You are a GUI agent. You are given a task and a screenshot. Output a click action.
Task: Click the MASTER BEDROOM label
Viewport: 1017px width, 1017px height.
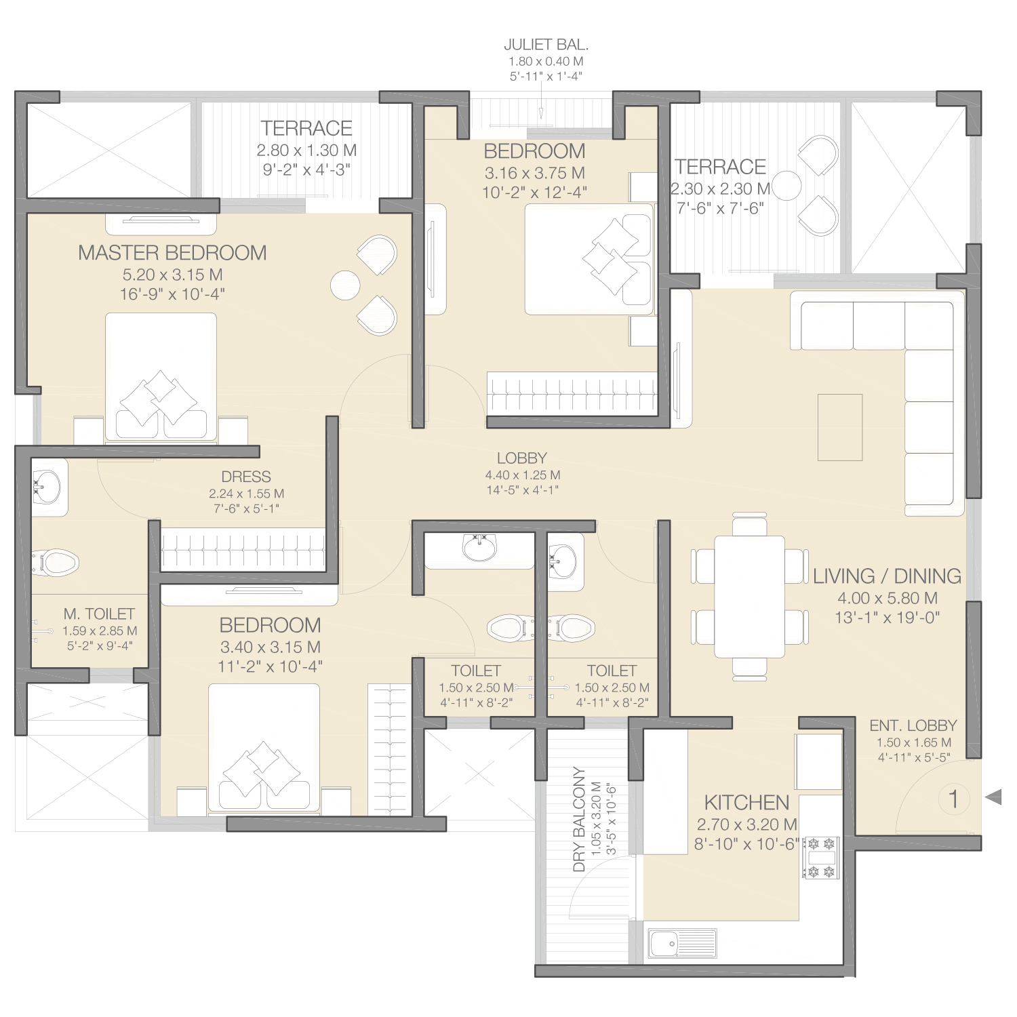pos(172,253)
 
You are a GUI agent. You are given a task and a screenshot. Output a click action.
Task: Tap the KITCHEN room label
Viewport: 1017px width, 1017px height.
pos(746,803)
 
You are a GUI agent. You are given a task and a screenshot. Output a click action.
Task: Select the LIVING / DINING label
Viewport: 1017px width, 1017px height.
pos(887,576)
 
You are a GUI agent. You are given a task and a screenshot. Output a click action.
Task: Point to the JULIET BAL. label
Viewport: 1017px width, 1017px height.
pos(546,45)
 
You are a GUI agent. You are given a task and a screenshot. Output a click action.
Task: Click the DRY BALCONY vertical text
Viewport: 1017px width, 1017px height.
pos(579,819)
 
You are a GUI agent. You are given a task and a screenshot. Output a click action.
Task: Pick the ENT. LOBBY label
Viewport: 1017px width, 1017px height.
pos(913,725)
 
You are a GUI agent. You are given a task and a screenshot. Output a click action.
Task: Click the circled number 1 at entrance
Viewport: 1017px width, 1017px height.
pos(954,799)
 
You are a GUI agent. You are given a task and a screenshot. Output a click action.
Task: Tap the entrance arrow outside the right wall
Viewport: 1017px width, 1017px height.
pos(993,797)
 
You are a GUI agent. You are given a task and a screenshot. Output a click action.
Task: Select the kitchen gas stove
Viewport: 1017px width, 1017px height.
pos(820,858)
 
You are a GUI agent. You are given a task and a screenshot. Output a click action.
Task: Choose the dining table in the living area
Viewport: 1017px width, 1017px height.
pos(749,597)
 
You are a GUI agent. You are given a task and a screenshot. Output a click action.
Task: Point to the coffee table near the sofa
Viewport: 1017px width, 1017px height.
pos(840,427)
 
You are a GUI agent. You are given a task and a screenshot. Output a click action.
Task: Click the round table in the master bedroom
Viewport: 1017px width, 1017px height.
pos(345,285)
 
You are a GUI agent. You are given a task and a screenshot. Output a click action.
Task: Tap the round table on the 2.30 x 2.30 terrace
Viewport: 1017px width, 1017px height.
pos(786,185)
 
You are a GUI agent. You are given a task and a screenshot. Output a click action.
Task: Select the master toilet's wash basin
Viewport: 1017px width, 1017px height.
pos(47,487)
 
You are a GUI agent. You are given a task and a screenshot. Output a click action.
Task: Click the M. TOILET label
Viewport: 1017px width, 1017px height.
pos(99,614)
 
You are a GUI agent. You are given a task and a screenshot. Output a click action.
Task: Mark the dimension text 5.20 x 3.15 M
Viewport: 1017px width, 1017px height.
pos(172,275)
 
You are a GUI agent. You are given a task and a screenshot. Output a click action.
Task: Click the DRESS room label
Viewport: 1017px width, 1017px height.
pos(246,477)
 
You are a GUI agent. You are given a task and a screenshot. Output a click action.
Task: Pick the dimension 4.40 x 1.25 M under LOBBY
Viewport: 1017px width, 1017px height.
pos(522,475)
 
